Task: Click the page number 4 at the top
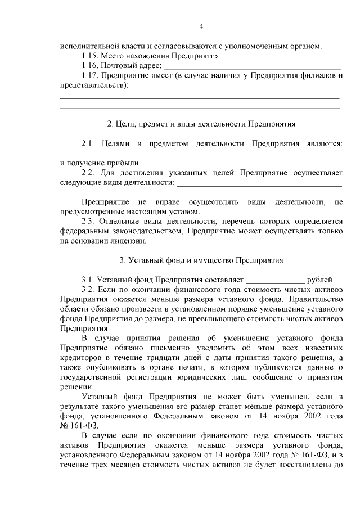click(201, 26)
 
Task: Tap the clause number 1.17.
click(91, 75)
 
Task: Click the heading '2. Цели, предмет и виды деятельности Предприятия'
click(201, 123)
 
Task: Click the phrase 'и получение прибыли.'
click(92, 163)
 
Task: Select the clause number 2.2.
click(89, 173)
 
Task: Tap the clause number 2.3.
click(89, 222)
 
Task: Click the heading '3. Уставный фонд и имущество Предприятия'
click(201, 260)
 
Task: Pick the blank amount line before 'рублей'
click(276, 280)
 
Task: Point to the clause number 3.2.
click(89, 290)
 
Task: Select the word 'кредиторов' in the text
click(79, 358)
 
